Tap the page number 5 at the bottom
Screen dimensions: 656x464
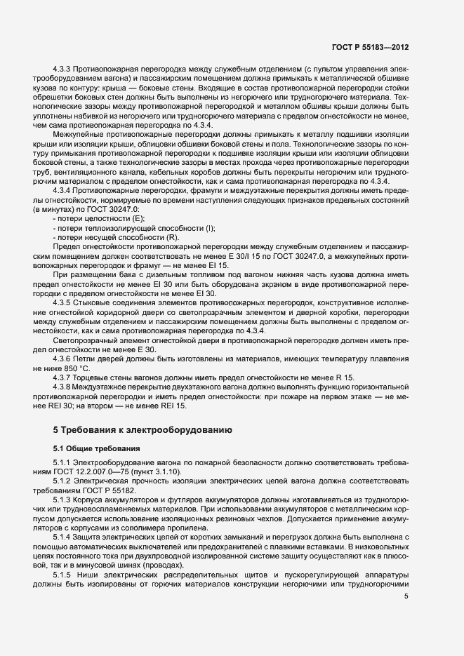click(406, 596)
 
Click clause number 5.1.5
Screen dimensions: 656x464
click(65, 574)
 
